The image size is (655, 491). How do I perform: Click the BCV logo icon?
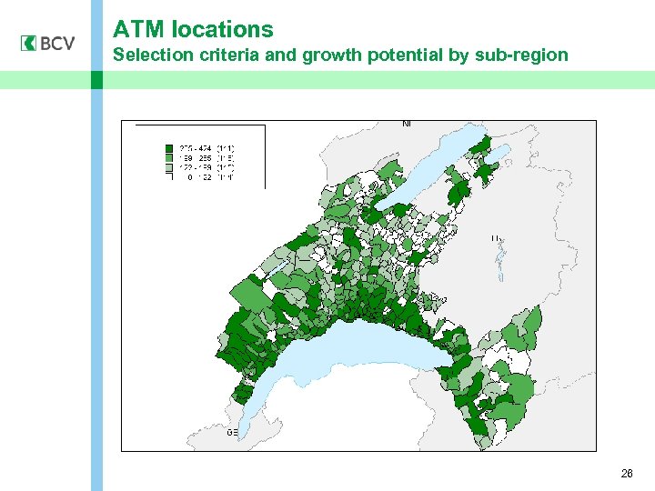pyautogui.click(x=27, y=43)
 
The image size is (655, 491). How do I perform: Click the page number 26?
pyautogui.click(x=626, y=474)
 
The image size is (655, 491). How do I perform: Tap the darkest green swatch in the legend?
pyautogui.click(x=169, y=147)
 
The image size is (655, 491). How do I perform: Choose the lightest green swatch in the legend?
pyautogui.click(x=169, y=167)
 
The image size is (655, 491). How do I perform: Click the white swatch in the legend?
pyautogui.click(x=169, y=177)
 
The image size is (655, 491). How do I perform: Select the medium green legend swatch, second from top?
pyautogui.click(x=169, y=157)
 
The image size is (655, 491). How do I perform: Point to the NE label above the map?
pyautogui.click(x=407, y=124)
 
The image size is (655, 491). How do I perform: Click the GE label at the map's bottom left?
pyautogui.click(x=232, y=433)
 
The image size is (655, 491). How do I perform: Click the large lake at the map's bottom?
pyautogui.click(x=346, y=359)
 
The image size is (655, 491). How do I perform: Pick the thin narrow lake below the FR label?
pyautogui.click(x=499, y=265)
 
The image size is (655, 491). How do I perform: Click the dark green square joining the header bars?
pyautogui.click(x=97, y=80)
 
